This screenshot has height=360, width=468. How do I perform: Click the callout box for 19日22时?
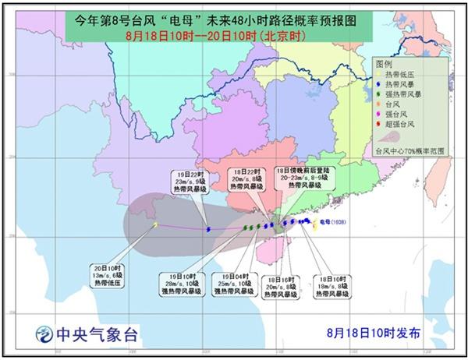(x=190, y=182)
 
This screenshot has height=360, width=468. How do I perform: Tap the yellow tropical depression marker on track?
(x=155, y=225)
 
